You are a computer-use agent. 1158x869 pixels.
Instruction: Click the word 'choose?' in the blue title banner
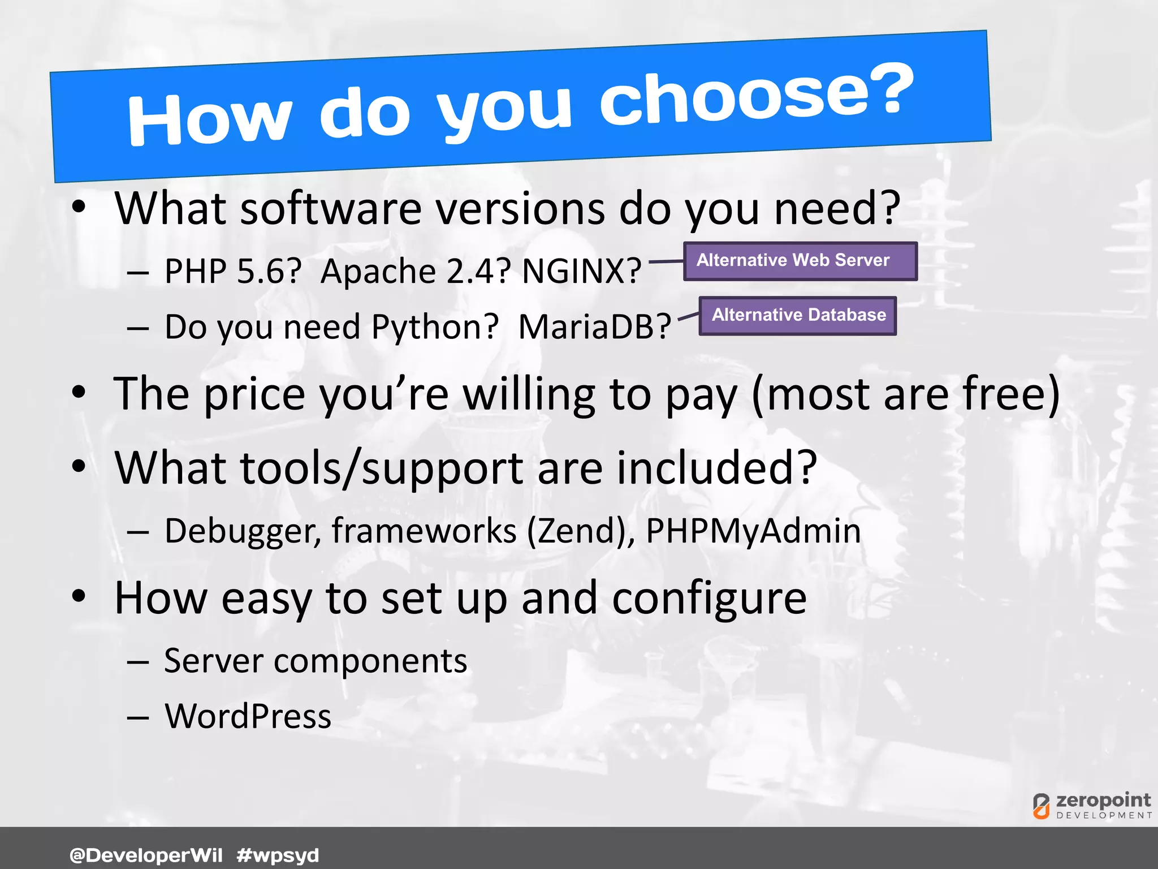(x=755, y=96)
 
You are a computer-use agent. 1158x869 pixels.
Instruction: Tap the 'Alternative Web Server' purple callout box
(x=800, y=261)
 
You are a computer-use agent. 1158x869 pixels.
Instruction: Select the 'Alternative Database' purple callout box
(x=797, y=315)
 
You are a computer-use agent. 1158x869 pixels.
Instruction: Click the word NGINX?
(x=581, y=271)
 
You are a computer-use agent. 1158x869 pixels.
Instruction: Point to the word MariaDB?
(x=594, y=327)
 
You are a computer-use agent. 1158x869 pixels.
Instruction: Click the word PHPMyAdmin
(x=753, y=531)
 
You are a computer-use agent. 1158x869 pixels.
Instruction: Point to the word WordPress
(x=248, y=716)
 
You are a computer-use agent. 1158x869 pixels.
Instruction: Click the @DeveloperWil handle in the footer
(x=146, y=854)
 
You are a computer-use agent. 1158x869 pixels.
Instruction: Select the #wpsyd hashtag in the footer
(x=278, y=855)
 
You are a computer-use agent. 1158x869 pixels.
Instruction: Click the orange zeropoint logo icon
(x=1041, y=806)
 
